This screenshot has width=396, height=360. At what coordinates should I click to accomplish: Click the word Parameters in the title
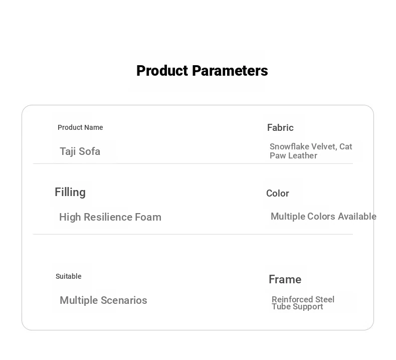point(230,71)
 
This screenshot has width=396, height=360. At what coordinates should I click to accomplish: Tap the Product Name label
point(80,127)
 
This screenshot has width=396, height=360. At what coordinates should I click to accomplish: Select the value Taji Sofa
point(80,151)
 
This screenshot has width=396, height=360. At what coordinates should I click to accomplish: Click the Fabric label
point(280,127)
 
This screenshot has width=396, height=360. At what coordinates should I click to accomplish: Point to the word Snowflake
point(289,146)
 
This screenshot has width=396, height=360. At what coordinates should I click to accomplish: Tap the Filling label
point(70,192)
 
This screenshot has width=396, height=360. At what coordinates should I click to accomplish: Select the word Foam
point(148,217)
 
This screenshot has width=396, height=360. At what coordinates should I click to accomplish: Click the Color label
point(278,193)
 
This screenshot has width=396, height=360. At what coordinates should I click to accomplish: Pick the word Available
point(357,216)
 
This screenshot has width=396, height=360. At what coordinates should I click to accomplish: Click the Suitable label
point(69,276)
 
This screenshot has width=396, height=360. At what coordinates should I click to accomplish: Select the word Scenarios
point(124,300)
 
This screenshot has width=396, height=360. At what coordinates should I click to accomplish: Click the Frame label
point(285,279)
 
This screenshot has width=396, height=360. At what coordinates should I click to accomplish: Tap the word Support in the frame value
point(308,307)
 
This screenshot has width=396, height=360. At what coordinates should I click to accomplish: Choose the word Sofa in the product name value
point(89,151)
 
